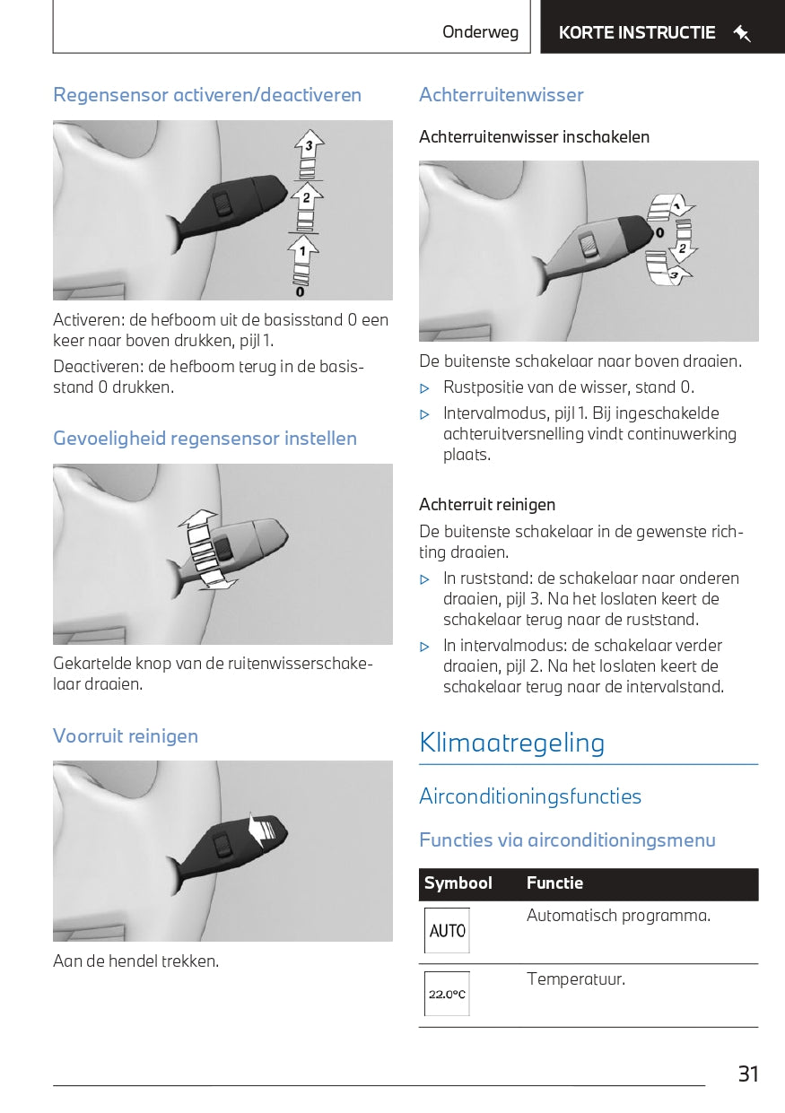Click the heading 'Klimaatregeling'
[511, 743]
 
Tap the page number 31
[748, 1074]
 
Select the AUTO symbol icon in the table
[447, 931]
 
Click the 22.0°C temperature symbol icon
[447, 994]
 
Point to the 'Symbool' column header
[458, 883]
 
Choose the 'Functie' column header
[554, 883]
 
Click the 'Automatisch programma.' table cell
[618, 916]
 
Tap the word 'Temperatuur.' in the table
[575, 978]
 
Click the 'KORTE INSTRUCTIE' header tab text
[637, 33]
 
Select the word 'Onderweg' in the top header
[480, 32]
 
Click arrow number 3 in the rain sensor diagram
[309, 144]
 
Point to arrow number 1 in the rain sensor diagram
[303, 248]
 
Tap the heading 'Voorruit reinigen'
[126, 736]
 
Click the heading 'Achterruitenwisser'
[501, 95]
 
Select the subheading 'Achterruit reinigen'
[487, 504]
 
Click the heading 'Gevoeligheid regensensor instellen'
[205, 439]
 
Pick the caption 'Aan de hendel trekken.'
[135, 961]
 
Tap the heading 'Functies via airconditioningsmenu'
[567, 840]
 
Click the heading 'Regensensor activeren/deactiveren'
[207, 95]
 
